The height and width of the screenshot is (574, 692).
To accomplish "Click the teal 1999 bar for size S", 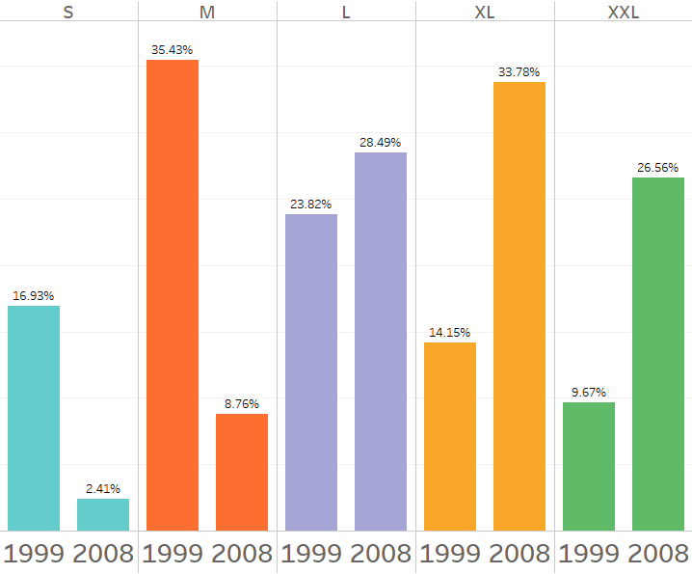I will tap(34, 418).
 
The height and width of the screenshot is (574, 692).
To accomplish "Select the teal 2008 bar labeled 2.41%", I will tap(103, 514).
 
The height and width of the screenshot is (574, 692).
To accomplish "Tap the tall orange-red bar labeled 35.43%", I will tap(173, 294).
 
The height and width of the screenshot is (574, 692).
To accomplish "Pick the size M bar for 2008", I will tap(242, 472).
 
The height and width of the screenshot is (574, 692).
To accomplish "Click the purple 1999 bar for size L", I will tap(311, 371).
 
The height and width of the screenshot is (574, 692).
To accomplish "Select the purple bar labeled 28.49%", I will tap(381, 341).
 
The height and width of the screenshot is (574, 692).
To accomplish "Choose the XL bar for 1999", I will tap(450, 436).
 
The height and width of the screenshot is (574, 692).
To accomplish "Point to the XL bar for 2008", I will tap(519, 306).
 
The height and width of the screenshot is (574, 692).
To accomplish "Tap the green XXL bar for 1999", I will tap(589, 466).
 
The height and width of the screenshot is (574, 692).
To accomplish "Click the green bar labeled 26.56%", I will tap(658, 353).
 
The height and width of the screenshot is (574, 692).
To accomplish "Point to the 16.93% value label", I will tap(34, 295).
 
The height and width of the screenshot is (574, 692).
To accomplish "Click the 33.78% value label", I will tap(519, 71).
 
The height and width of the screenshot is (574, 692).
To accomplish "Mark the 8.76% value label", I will tap(242, 403).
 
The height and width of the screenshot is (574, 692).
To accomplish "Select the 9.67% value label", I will tap(589, 392).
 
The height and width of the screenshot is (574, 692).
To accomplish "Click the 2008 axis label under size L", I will tap(381, 554).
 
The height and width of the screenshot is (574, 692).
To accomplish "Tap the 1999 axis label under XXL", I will tap(589, 554).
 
